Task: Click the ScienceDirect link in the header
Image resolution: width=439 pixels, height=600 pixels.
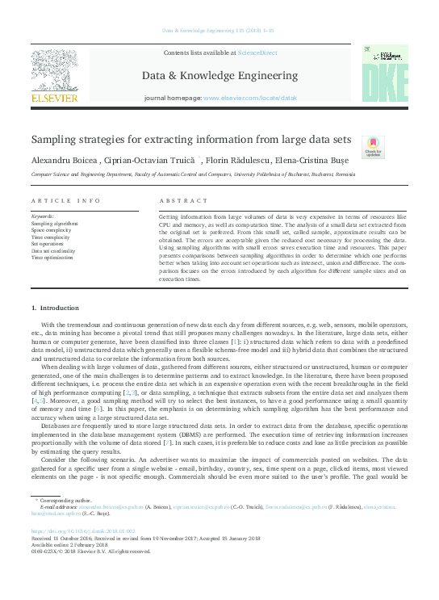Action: click(257, 52)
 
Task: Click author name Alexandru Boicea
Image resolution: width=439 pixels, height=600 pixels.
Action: click(65, 160)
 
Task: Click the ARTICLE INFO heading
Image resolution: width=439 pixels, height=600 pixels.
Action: click(65, 200)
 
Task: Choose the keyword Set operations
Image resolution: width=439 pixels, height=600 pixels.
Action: click(48, 243)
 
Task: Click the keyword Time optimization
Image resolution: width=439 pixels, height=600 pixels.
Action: click(53, 257)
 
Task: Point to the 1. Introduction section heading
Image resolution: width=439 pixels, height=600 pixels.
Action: click(54, 308)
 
